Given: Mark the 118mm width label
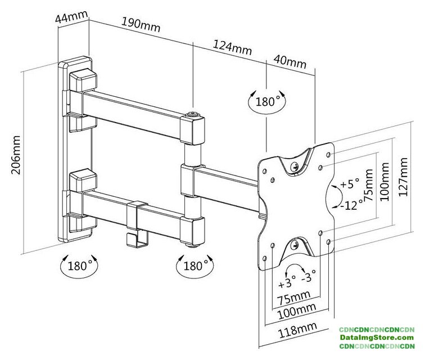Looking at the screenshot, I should pos(296,328).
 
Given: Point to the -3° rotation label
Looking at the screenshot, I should pos(309,276).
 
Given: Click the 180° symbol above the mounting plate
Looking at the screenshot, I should pos(267,102).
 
